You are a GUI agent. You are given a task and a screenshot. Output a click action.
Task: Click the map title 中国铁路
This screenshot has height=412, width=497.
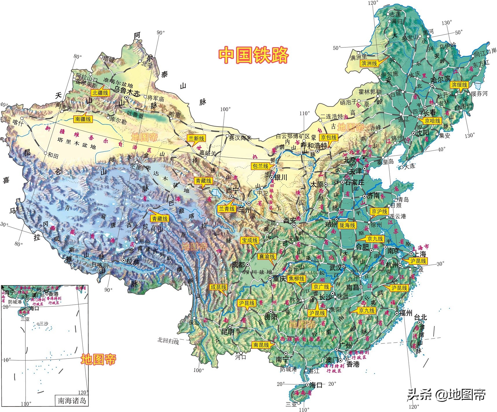(x=253, y=55)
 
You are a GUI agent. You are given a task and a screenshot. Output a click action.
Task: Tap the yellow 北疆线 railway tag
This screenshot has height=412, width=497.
(x=100, y=93)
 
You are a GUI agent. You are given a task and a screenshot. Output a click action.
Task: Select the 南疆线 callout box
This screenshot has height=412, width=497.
(x=83, y=119)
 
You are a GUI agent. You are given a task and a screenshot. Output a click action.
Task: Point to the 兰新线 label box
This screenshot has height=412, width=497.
(x=196, y=138)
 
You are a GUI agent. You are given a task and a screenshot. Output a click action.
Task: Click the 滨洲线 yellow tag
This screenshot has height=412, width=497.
(x=369, y=63)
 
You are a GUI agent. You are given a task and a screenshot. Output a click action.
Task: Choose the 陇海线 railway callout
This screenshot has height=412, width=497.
(x=347, y=225)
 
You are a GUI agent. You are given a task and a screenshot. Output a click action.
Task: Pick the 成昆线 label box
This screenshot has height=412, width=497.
(x=218, y=287)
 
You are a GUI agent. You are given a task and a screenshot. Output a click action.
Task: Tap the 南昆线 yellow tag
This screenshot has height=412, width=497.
(x=261, y=345)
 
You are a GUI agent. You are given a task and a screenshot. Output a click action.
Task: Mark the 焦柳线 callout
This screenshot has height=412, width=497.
(x=297, y=279)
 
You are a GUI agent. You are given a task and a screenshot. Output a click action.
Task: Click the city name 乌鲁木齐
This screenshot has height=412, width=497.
(x=127, y=90)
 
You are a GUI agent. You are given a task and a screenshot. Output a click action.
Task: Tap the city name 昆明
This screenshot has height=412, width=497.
(x=228, y=332)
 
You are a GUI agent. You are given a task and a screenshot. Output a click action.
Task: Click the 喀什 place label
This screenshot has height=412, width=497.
(x=17, y=123)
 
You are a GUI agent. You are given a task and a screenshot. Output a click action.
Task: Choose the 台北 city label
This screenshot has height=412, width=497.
(x=421, y=317)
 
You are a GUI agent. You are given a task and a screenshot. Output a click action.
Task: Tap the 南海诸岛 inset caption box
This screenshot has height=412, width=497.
(x=72, y=401)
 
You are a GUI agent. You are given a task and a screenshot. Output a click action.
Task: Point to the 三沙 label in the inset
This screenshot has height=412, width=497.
(x=44, y=324)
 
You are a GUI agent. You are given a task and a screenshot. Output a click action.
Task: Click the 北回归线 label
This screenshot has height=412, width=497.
(x=168, y=341)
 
